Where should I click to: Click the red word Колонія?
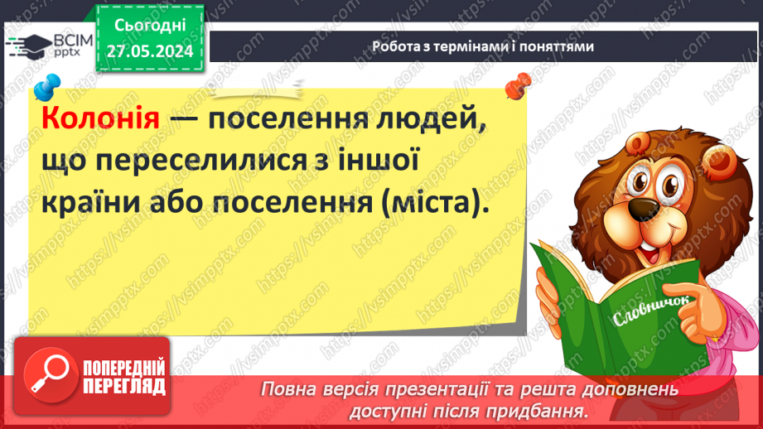coord(99,118)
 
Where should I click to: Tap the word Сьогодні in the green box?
coord(149,26)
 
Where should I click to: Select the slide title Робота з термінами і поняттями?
coord(483,47)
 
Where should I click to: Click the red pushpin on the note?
coord(519,84)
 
